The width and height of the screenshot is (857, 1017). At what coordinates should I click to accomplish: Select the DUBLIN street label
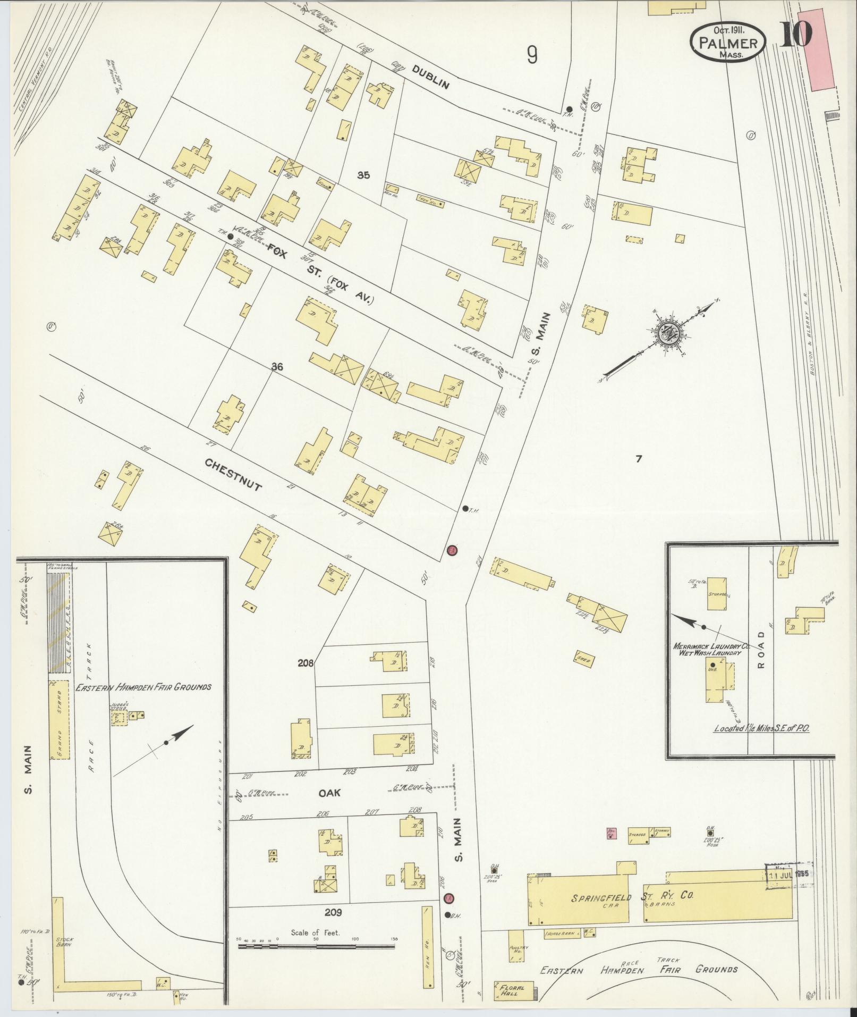coord(430,78)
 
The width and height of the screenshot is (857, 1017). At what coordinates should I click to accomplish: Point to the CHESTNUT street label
coord(234,474)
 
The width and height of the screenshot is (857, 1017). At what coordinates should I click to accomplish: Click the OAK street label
coord(329,808)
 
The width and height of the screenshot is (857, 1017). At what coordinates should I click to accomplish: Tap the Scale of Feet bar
coord(317,946)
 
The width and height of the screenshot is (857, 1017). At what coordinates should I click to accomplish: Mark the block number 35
coord(363,174)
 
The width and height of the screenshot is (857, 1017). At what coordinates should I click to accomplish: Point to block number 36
coord(277,366)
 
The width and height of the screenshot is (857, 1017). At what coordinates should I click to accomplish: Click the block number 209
coord(333,913)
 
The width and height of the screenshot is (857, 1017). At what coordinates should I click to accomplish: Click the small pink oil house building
coord(611,848)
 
